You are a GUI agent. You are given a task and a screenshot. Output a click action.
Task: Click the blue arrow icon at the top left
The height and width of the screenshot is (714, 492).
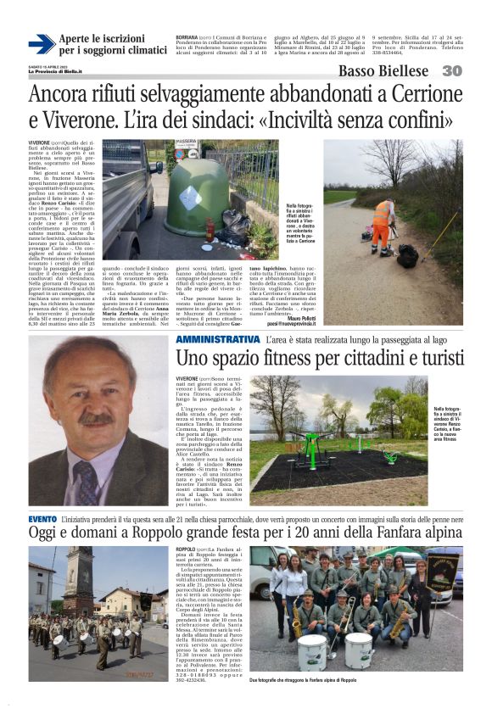click(x=41, y=44)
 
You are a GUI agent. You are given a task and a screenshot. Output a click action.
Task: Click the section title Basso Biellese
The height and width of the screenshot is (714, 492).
click(x=387, y=70)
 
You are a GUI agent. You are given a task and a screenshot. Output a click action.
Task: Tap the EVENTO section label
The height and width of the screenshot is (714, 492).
click(x=42, y=518)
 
